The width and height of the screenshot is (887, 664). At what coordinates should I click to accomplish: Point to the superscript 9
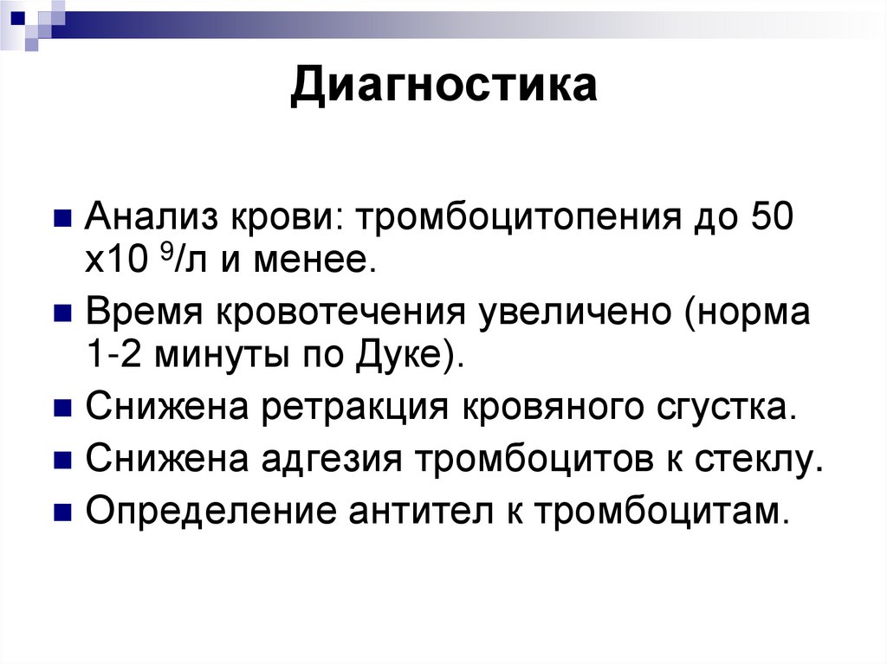(x=165, y=253)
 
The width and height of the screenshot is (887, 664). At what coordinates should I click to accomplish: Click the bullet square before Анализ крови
(x=62, y=217)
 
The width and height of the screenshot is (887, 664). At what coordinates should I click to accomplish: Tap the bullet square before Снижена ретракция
(x=62, y=407)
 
